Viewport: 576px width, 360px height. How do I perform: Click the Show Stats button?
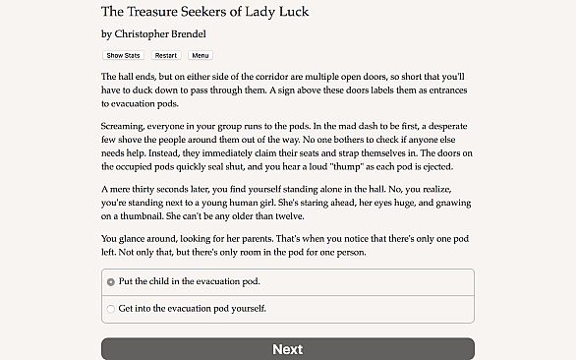[123, 55]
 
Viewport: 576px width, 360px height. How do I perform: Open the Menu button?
[201, 55]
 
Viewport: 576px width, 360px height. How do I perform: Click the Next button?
[287, 349]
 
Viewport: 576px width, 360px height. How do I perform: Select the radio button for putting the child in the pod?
[110, 281]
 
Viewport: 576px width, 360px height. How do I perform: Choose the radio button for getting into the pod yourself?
[110, 308]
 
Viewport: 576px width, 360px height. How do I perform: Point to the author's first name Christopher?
[148, 33]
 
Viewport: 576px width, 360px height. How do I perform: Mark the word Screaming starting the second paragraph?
[124, 127]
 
